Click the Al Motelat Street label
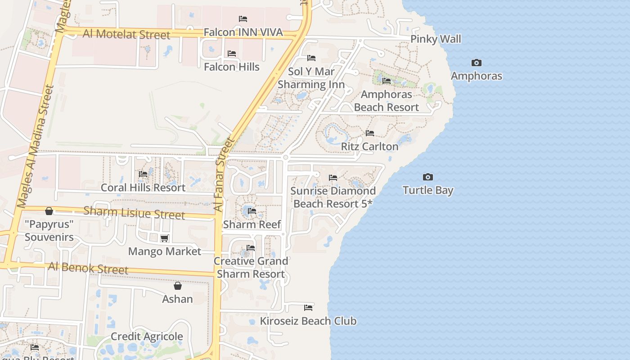[x=126, y=34]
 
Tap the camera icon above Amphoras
[x=476, y=63]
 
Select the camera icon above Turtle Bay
[x=427, y=177]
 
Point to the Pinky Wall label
[x=436, y=39]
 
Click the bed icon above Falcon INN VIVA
[x=243, y=19]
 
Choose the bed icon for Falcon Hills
[x=232, y=54]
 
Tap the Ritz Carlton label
[x=369, y=146]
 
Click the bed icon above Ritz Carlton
[x=370, y=133]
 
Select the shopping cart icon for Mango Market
[x=165, y=238]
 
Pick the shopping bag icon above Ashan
[x=178, y=286]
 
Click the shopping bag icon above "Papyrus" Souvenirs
[x=49, y=211]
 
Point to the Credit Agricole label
[x=147, y=337]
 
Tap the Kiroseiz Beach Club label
[x=308, y=321]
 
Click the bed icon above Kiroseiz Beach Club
[x=308, y=308]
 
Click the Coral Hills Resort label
[x=143, y=187]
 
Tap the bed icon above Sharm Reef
[x=252, y=211]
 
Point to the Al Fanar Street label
[x=224, y=175]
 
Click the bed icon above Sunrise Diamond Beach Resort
[x=333, y=178]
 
